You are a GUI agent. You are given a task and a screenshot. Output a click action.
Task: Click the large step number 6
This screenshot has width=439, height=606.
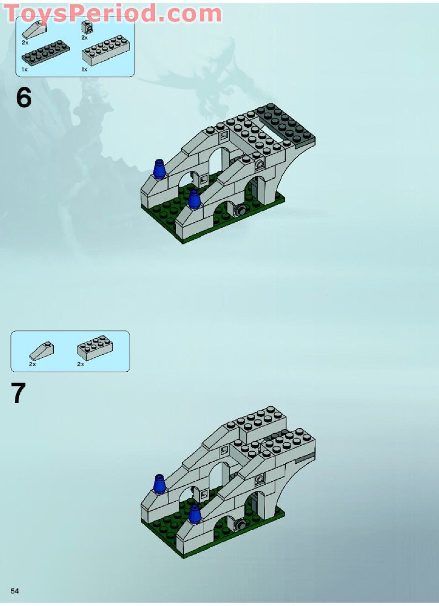(x=24, y=98)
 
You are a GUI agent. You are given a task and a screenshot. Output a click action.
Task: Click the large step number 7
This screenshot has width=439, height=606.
(x=18, y=393)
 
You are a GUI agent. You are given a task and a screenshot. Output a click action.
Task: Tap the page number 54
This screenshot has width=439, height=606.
(x=15, y=591)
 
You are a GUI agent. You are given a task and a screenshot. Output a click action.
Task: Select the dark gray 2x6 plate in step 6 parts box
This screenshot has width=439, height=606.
(x=42, y=53)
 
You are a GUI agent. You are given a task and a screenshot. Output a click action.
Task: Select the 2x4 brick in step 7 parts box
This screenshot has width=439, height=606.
(x=95, y=348)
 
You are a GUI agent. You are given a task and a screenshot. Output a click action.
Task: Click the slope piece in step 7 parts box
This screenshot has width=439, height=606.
(x=41, y=349)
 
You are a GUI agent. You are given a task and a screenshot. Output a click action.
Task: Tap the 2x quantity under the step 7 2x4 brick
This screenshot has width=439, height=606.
(x=80, y=364)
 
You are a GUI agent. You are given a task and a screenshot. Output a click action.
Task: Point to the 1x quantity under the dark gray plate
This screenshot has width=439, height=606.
(x=25, y=69)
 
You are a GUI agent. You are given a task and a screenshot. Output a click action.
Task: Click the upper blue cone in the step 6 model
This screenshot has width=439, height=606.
(x=159, y=170)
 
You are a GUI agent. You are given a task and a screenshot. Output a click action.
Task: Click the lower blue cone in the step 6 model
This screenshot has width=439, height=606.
(x=193, y=200)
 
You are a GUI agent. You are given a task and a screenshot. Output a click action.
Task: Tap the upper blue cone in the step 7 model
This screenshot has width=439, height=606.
(x=160, y=485)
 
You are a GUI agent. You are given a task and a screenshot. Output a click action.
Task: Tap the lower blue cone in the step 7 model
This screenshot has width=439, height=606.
(x=195, y=515)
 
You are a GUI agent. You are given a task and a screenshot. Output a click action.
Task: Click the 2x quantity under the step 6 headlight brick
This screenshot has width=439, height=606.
(x=85, y=38)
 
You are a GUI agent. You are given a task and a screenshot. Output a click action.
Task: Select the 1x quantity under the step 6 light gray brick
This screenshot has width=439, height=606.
(x=85, y=69)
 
